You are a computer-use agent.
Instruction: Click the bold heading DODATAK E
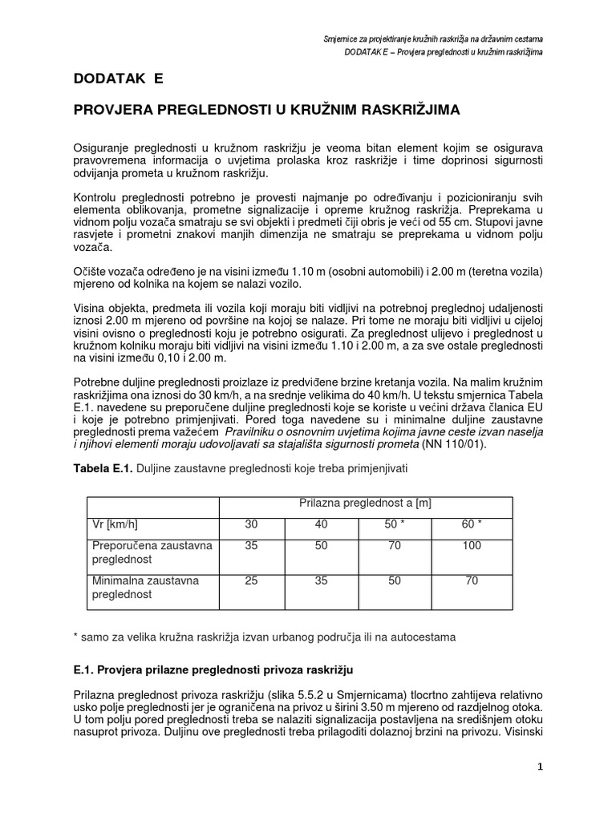point(118,79)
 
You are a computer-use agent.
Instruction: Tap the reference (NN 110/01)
point(452,443)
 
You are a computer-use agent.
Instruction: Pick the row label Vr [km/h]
point(115,524)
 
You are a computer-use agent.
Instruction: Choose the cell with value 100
point(472,546)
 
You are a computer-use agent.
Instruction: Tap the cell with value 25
point(252,580)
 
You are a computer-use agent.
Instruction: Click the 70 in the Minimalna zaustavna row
point(472,580)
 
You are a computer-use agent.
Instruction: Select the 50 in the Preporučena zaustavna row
point(322,546)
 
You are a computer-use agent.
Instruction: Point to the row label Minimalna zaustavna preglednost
point(145,587)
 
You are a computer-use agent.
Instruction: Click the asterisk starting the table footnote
point(75,637)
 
